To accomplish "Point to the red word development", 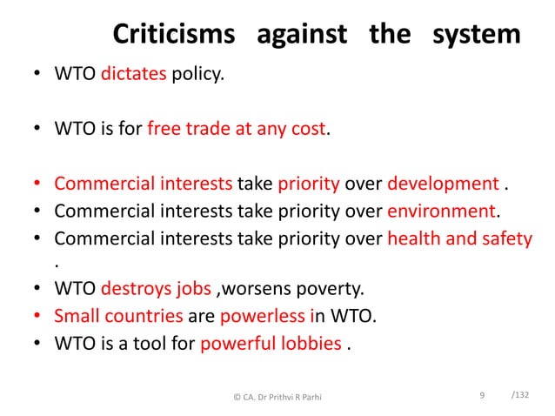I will point(442,185).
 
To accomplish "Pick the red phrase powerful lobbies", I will point(271,342).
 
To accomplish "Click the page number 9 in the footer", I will point(482,397).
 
